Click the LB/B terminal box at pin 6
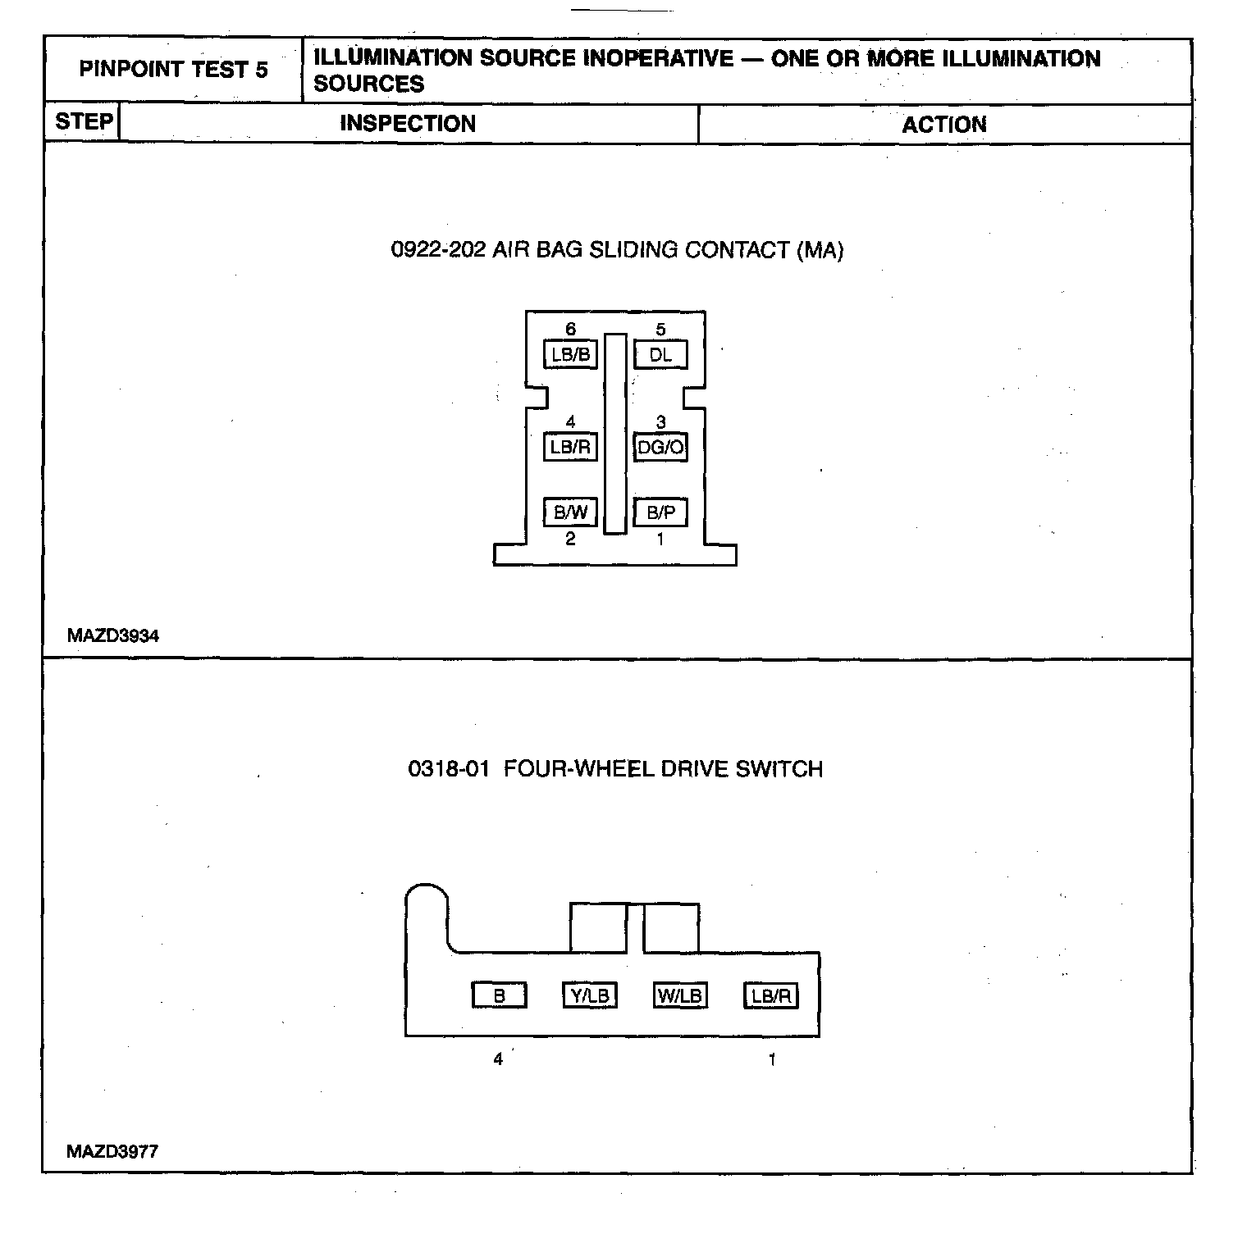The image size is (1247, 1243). tap(570, 355)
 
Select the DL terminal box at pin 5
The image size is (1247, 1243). tap(660, 355)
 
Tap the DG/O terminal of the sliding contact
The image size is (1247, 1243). tap(660, 448)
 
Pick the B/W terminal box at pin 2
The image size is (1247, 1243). tap(570, 512)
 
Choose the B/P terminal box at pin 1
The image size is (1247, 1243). tap(660, 512)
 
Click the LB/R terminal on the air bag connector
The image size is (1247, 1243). tap(570, 448)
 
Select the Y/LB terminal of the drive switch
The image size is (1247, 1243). tap(589, 995)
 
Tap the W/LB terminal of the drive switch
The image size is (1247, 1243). tap(679, 995)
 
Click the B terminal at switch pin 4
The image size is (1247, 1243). tap(499, 995)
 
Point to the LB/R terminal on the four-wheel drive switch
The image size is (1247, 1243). tap(770, 995)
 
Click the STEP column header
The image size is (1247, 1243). tap(84, 122)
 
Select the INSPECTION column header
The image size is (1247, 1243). tap(408, 124)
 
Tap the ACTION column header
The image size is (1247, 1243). tap(943, 125)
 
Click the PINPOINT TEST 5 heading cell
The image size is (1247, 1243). tap(173, 70)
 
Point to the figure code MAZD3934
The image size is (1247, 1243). tap(113, 635)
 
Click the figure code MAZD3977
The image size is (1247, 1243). tap(112, 1151)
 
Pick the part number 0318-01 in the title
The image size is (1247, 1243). tap(449, 769)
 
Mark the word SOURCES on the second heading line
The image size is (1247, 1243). tap(369, 84)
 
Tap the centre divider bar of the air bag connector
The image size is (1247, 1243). tap(614, 434)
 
